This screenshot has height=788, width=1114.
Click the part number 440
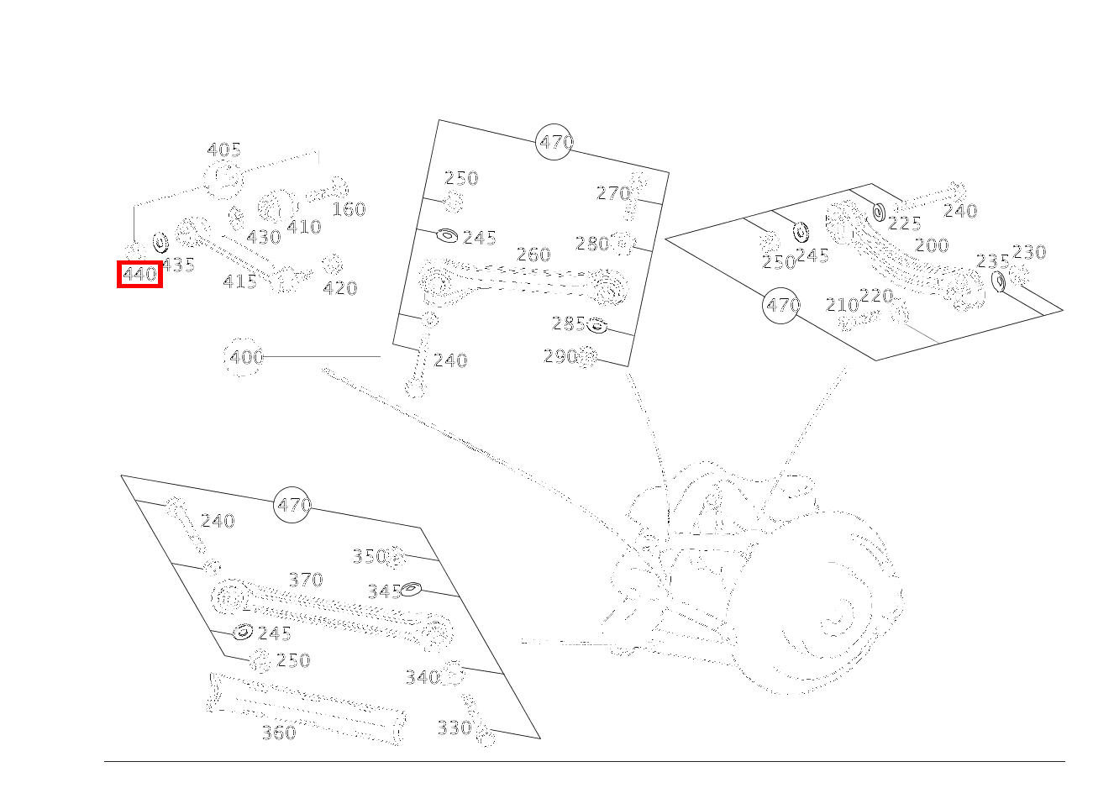coord(139,275)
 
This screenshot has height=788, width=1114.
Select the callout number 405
coord(223,150)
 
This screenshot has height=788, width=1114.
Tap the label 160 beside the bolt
coord(349,209)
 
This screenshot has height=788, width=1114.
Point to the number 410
coord(303,227)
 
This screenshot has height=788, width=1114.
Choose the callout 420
coord(340,288)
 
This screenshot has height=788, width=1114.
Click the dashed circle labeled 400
coord(244,357)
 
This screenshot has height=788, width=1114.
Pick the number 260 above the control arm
coord(533,255)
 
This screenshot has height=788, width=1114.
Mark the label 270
coord(612,193)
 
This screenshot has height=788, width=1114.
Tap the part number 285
coord(568,323)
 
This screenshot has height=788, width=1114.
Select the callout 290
coord(560,356)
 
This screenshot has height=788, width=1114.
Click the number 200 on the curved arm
coord(931,245)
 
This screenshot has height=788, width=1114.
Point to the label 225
coord(904,223)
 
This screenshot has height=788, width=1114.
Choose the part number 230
coord(1028,252)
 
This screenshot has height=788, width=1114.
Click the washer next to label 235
coord(998,281)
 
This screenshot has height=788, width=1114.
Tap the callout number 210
coord(842,305)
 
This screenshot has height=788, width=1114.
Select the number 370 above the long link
coord(305,580)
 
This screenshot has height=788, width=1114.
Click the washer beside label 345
coord(411,589)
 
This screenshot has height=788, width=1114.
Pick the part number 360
coord(278,733)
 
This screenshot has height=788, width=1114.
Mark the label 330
coord(454,728)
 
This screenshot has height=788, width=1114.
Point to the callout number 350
coord(368,556)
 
